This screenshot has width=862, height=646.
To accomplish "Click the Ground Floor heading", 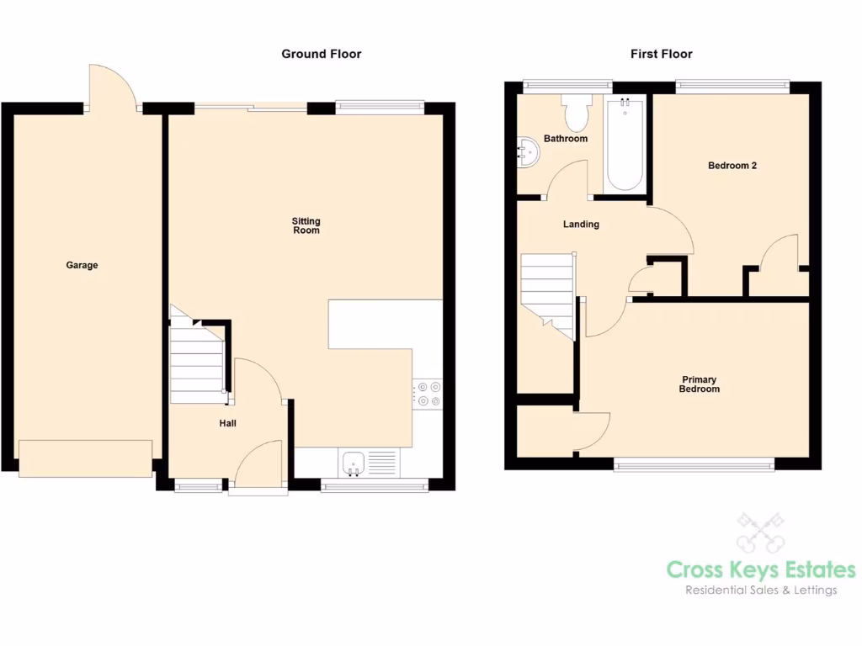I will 321,54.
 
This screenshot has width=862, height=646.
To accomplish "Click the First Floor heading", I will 661,54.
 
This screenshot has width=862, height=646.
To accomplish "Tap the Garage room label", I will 82,265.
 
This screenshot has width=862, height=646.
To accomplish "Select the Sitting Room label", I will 306,225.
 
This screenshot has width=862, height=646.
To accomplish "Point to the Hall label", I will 227,423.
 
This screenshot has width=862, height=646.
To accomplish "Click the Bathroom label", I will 565,138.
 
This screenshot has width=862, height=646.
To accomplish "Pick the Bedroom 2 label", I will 732,166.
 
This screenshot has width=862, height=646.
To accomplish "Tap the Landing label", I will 581,225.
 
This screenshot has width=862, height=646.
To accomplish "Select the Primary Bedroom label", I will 700,384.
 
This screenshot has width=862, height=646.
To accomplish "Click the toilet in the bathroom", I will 577,114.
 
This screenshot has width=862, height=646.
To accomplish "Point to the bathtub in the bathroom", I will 624,145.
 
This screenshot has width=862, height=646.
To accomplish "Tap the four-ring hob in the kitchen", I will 427,394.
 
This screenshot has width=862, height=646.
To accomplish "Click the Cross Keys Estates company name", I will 760,569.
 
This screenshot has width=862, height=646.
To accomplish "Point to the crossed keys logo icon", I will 760,532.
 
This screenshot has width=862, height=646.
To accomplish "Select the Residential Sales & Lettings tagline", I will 760,590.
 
